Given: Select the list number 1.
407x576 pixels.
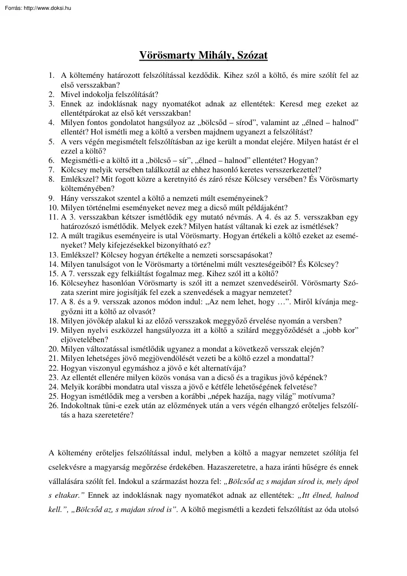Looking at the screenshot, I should point(51,76).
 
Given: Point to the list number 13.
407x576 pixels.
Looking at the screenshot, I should point(53,255).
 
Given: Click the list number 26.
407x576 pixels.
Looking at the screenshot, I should point(53,406).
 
